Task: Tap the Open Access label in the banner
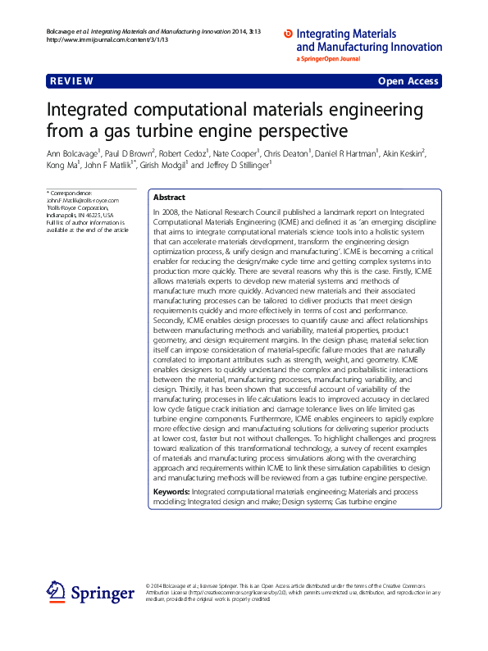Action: (408, 81)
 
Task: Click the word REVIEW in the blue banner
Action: (71, 81)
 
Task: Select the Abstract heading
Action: (169, 198)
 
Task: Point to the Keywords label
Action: (171, 491)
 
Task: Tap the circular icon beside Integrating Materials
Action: (287, 34)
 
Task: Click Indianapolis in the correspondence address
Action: (62, 215)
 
